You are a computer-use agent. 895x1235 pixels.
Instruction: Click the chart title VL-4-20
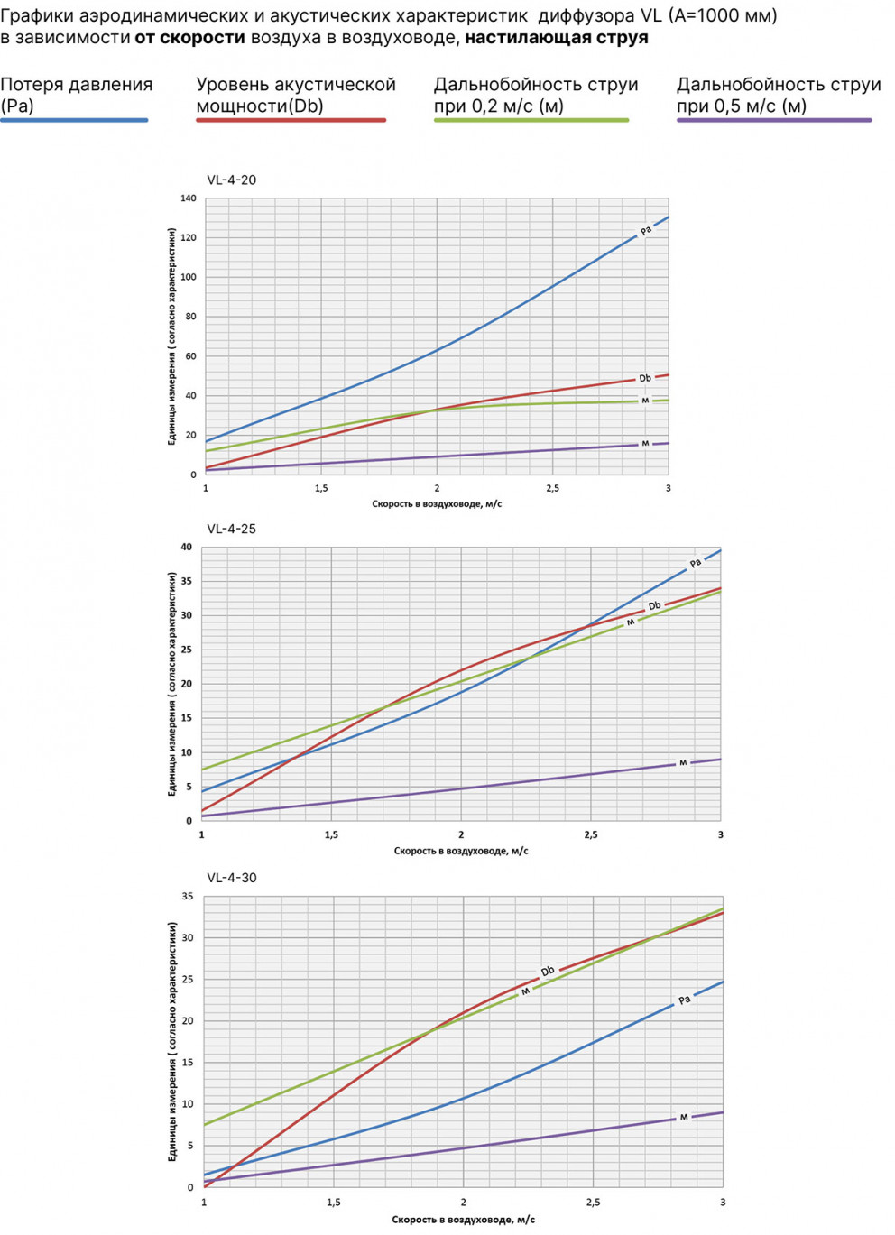pos(231,180)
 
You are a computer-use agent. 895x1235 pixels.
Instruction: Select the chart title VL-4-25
pos(231,529)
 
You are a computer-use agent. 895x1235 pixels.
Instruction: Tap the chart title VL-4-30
pos(231,878)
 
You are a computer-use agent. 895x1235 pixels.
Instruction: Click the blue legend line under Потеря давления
pos(74,120)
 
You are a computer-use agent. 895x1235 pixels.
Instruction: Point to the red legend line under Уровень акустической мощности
pos(291,120)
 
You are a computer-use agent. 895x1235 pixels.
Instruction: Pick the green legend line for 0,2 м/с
pos(531,120)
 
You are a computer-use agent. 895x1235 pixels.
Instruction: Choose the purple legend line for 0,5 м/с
pos(774,120)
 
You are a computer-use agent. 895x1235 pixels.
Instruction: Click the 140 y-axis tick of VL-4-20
pos(188,198)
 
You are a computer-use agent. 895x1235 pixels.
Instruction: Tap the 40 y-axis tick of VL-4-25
pos(186,548)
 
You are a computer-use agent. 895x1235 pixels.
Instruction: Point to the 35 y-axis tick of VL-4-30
pos(188,897)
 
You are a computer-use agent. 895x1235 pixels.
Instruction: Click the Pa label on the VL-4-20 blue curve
pos(645,231)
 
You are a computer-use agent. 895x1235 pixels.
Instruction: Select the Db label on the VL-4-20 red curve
pos(645,378)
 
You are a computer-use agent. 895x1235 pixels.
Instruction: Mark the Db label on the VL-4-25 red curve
pos(654,606)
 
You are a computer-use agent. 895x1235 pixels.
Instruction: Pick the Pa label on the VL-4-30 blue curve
pos(684,1000)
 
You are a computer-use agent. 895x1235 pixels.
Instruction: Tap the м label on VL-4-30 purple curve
pos(684,1117)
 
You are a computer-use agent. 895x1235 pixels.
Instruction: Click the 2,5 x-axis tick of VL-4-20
pos(552,488)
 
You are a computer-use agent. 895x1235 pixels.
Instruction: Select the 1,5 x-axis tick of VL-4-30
pos(334,1202)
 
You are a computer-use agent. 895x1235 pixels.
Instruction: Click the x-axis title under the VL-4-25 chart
pos(461,851)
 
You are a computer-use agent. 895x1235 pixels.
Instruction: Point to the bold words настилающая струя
pos(557,38)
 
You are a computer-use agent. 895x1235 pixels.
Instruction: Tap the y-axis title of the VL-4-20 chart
pos(171,336)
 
